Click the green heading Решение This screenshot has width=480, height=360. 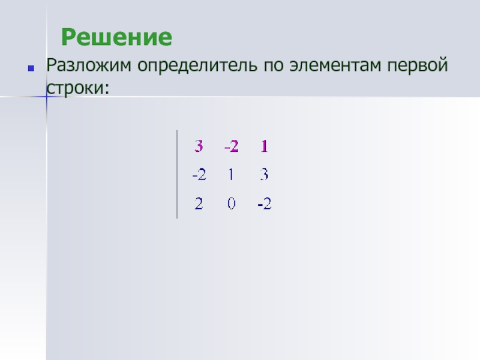116,37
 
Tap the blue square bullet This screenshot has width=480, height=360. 31,68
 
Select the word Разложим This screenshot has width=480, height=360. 88,65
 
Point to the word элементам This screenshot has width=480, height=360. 335,65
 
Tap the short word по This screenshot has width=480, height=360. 273,66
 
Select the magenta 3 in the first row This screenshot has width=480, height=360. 199,146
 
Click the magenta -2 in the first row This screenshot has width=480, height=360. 232,146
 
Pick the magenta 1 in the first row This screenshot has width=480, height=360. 264,146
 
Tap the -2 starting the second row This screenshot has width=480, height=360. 199,175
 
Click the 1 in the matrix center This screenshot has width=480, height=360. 231,175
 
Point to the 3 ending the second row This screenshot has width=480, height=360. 264,175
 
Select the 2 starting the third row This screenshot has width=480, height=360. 199,203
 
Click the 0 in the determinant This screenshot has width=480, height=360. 232,203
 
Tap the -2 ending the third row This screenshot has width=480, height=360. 265,203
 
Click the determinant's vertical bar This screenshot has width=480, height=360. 177,174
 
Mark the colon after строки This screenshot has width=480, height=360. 107,89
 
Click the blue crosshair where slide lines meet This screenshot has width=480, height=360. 47,97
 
